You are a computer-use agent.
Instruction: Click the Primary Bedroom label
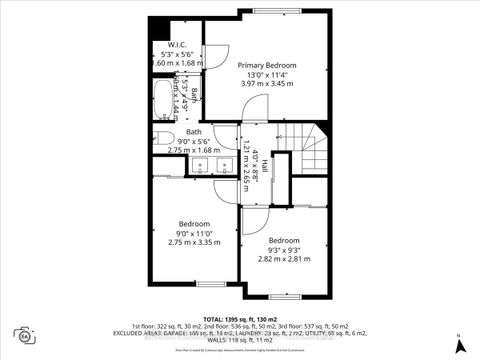click(x=266, y=63)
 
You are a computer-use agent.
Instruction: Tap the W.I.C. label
click(x=178, y=45)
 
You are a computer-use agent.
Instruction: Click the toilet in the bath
click(x=165, y=137)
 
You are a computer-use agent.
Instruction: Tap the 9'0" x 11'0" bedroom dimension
click(x=194, y=233)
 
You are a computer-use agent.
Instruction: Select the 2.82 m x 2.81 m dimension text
click(x=283, y=259)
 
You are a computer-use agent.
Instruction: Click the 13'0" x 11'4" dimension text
click(x=266, y=73)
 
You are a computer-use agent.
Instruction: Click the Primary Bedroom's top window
click(x=269, y=12)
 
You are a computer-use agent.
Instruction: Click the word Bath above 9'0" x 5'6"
click(x=193, y=130)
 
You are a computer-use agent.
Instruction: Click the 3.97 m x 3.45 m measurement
click(x=266, y=83)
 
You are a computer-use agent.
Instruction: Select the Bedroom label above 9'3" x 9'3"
click(x=283, y=240)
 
